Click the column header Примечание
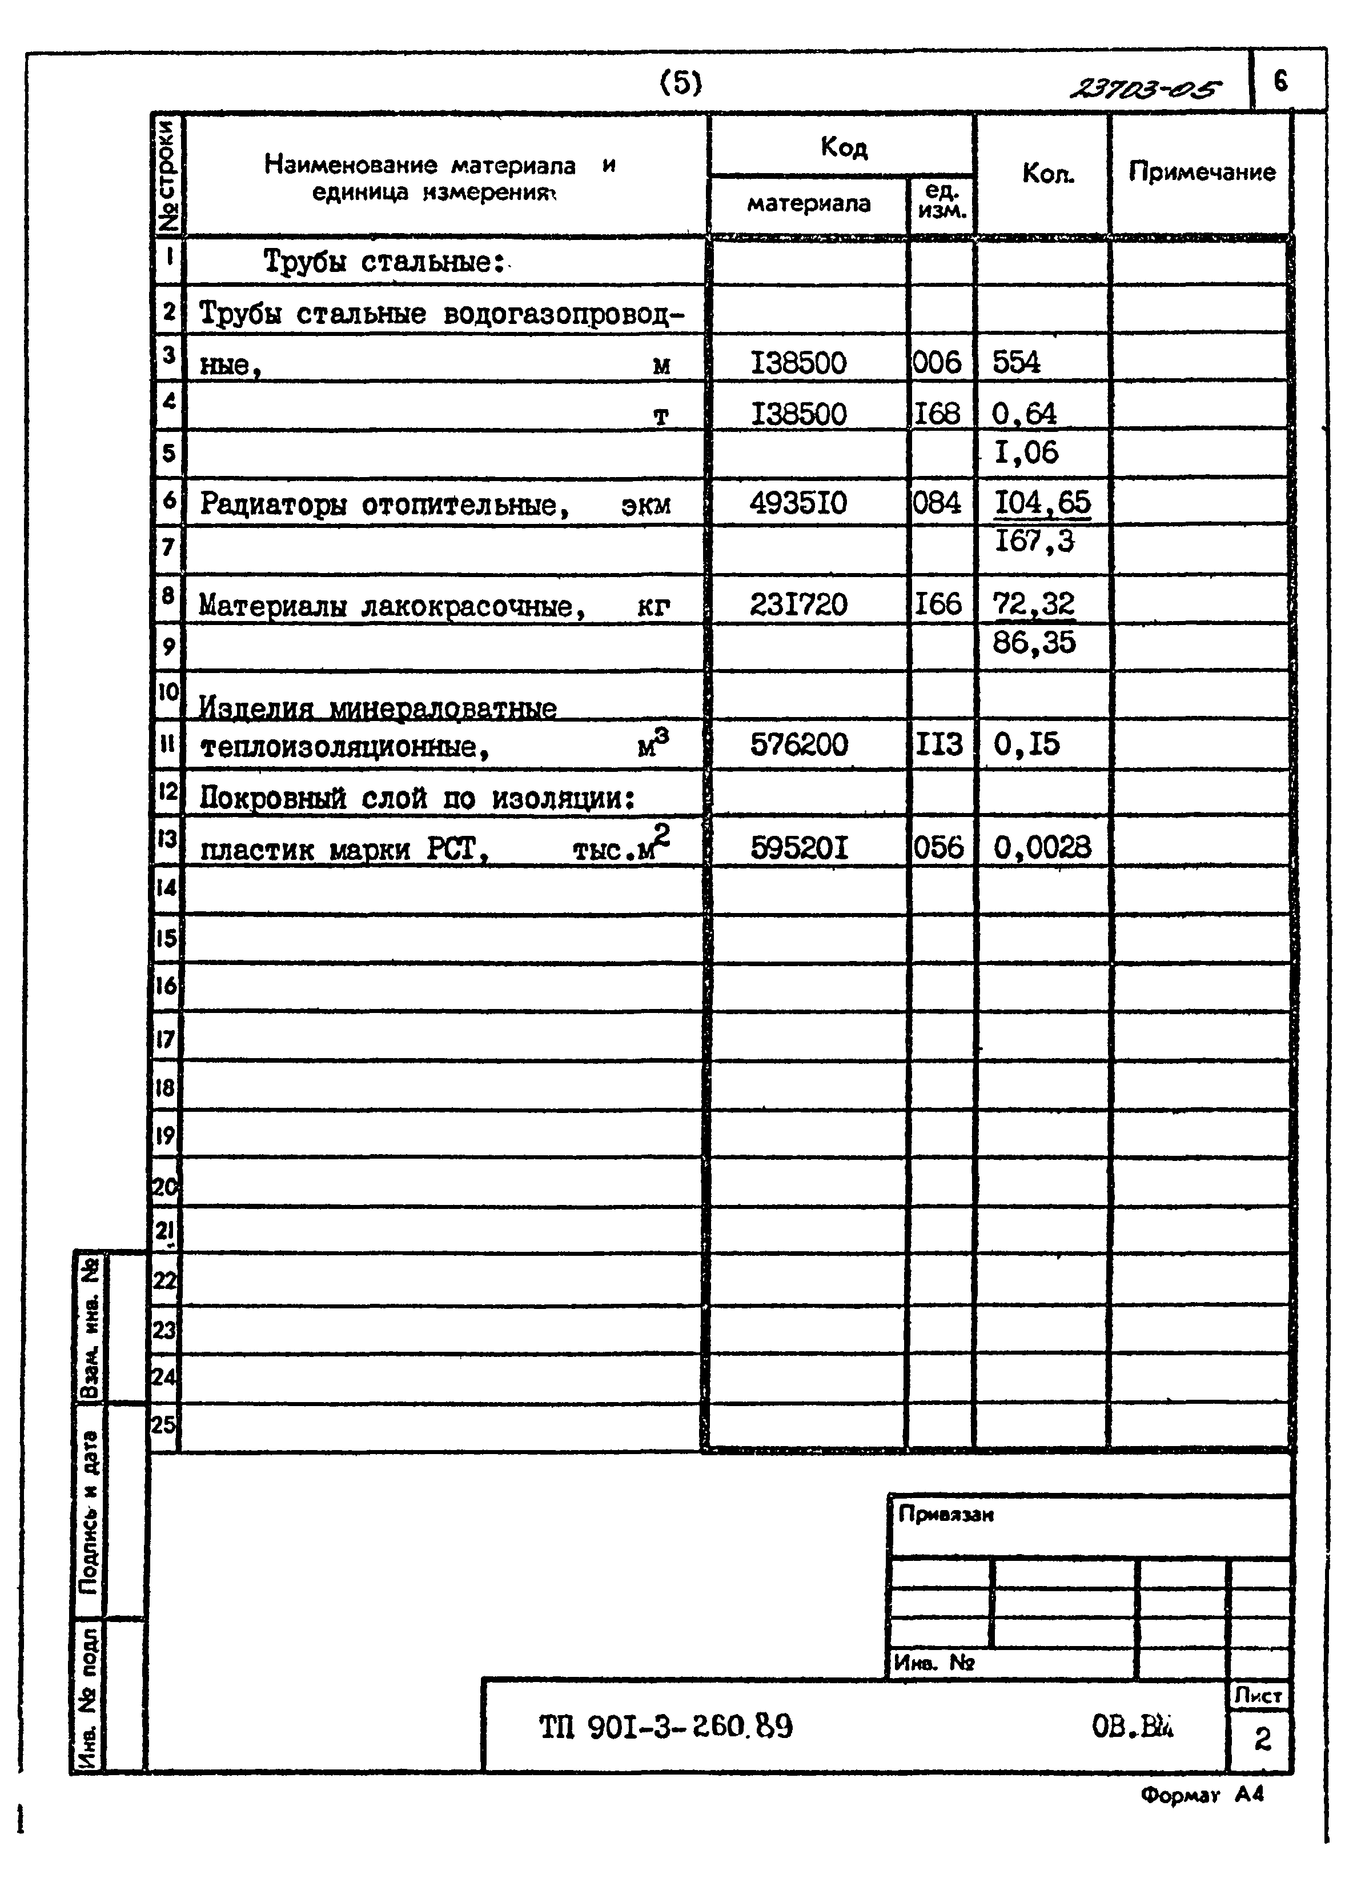(x=1201, y=172)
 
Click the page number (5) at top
(x=680, y=82)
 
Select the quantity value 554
(x=1016, y=362)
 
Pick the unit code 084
(x=937, y=503)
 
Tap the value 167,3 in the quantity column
(x=1034, y=542)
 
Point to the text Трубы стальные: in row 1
(x=384, y=262)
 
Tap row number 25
(x=164, y=1425)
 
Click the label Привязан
(x=945, y=1515)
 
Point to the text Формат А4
(x=1201, y=1795)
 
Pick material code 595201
(x=798, y=847)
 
